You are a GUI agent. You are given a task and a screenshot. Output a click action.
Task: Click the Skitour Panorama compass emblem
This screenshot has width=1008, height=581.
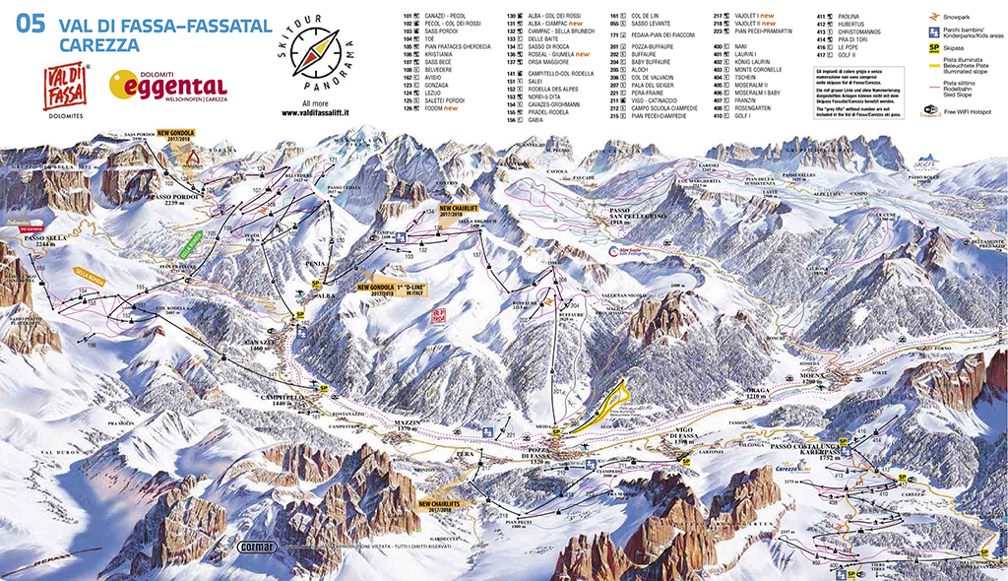317,54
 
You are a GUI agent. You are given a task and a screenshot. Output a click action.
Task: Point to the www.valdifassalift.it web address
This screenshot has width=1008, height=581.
316,112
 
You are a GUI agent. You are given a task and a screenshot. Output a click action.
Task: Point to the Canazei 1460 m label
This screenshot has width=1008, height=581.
255,346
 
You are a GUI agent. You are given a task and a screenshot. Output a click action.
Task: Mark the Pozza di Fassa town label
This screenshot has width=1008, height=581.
535,457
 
